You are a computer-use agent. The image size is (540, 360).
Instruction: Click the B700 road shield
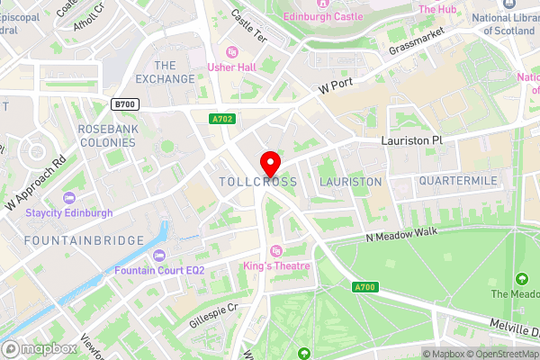[126, 104]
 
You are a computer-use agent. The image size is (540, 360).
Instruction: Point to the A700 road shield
[364, 287]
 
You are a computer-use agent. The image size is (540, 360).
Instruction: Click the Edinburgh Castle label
[323, 16]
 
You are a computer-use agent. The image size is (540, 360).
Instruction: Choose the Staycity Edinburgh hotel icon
[70, 198]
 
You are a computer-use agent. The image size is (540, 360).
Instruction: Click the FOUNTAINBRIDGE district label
[84, 240]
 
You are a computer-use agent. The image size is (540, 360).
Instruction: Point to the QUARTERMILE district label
[457, 181]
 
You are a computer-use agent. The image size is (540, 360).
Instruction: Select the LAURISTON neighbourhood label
[351, 182]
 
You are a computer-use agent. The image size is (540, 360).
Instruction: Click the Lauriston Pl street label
[412, 142]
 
